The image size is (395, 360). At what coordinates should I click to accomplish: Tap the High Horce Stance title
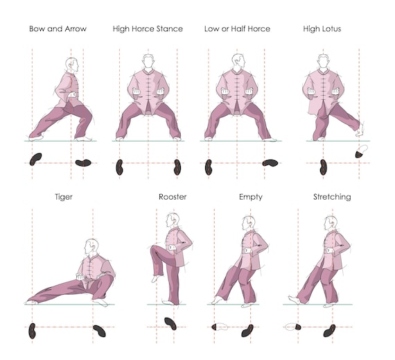point(148,29)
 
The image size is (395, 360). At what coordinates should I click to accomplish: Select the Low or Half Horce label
point(237,29)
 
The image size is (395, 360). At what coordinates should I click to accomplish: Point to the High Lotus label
point(322,29)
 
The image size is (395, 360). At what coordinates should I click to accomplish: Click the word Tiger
point(64,197)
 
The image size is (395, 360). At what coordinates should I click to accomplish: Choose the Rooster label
point(172,197)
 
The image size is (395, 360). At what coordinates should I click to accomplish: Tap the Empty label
point(250,197)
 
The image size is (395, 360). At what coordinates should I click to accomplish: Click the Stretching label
point(331,197)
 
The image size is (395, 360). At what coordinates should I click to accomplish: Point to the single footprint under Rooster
point(170,323)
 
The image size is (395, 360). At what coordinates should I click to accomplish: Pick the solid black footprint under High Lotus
point(324,166)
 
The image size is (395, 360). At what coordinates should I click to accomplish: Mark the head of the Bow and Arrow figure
point(71,64)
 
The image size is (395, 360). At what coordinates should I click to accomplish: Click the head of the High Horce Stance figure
point(147,60)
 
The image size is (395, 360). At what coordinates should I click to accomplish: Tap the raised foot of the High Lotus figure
point(360,128)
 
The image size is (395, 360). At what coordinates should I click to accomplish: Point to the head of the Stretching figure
point(330,223)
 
